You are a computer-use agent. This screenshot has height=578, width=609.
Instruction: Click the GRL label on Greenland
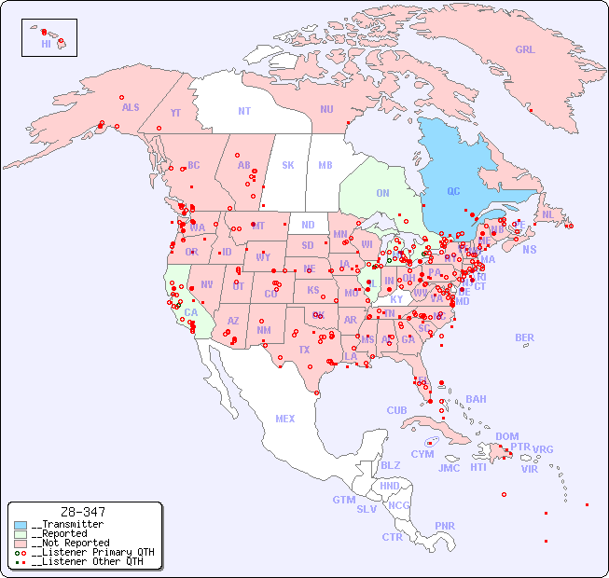point(525,49)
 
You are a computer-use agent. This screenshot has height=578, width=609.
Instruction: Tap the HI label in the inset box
point(46,43)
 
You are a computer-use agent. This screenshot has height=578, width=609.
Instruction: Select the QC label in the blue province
point(453,191)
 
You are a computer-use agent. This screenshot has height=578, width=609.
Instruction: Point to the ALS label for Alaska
point(131,107)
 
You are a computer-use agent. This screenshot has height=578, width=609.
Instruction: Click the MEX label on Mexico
point(285,419)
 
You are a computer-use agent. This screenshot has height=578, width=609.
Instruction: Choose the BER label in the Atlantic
point(525,337)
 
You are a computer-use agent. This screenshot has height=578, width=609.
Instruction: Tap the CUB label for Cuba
point(396,410)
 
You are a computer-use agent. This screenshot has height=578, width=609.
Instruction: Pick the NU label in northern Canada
point(326,109)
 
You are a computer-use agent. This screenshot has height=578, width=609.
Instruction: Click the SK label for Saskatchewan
point(288,165)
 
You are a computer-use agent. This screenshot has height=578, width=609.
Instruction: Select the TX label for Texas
point(304,350)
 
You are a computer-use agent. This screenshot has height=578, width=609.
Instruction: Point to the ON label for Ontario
point(382,193)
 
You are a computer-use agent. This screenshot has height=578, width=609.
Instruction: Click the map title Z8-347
point(82,512)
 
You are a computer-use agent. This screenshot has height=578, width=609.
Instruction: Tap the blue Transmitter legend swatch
point(21,525)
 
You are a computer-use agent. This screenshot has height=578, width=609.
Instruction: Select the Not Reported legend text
point(70,543)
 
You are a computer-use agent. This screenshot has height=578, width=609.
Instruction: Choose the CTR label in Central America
point(392,537)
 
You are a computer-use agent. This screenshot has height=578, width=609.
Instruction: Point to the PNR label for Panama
point(445,526)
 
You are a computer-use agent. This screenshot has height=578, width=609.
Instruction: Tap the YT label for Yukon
point(175,113)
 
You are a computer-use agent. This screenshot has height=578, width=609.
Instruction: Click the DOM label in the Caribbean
point(506,436)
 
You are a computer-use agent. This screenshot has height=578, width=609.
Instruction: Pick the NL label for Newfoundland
point(548,213)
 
